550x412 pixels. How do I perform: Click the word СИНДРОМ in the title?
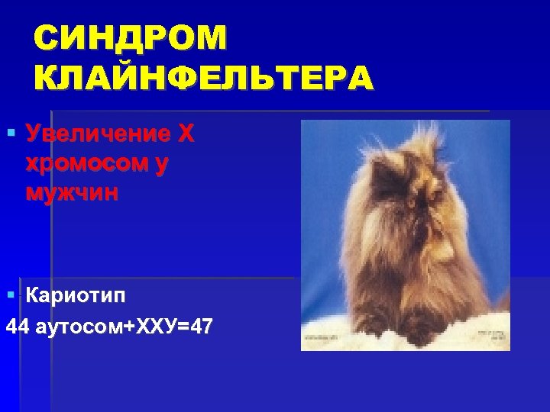(130, 38)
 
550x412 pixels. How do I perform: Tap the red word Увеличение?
(96, 134)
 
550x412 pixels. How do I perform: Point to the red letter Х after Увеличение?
(186, 134)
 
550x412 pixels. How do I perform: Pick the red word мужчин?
(72, 192)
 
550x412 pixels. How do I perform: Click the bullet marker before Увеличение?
(10, 134)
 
